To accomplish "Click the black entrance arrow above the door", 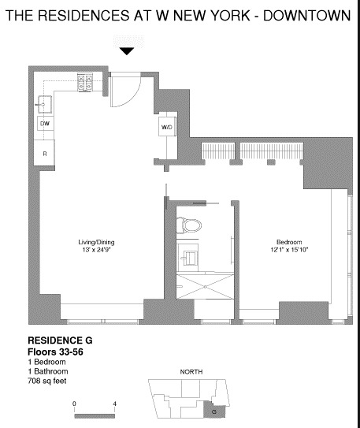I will point(127,51).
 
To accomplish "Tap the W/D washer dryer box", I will point(168,127).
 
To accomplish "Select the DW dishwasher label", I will point(45,124).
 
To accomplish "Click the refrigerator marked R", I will point(45,153).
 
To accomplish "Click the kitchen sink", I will point(44,102).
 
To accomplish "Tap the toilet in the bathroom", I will point(189,225).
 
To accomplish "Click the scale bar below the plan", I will point(95,412).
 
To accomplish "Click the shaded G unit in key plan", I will point(213,409).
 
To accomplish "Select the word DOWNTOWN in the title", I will point(304,17).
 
